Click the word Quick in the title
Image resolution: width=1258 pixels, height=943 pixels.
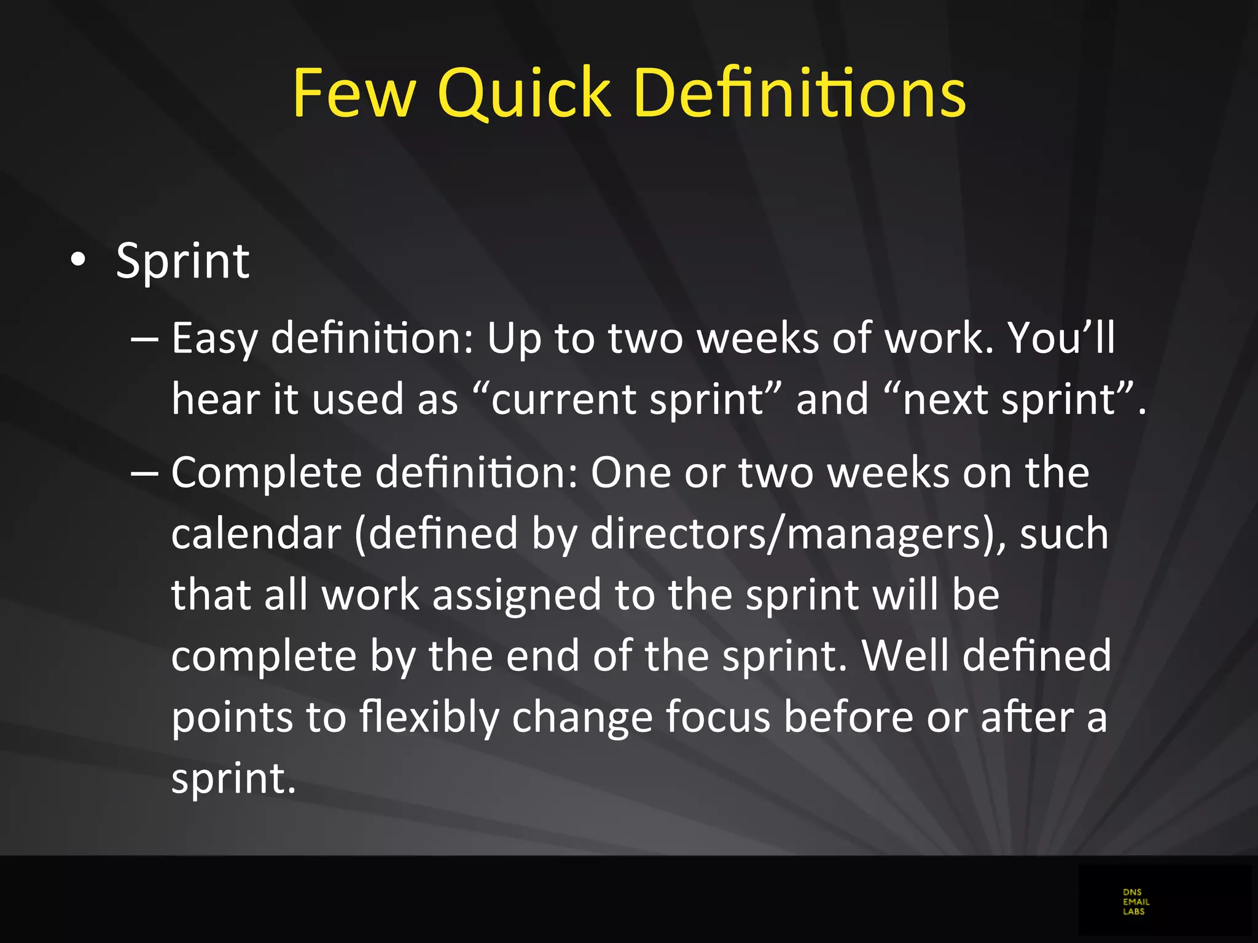click(524, 93)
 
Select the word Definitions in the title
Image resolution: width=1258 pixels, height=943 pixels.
click(799, 93)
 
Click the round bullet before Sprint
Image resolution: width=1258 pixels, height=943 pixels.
click(78, 261)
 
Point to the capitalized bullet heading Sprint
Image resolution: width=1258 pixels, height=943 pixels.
click(182, 261)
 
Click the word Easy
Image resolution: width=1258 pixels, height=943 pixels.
click(214, 339)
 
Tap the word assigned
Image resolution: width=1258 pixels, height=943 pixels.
click(517, 595)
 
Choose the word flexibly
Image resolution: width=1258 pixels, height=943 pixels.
click(428, 717)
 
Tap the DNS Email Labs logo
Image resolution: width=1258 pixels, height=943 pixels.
click(1136, 902)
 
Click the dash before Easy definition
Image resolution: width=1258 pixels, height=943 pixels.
click(145, 339)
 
